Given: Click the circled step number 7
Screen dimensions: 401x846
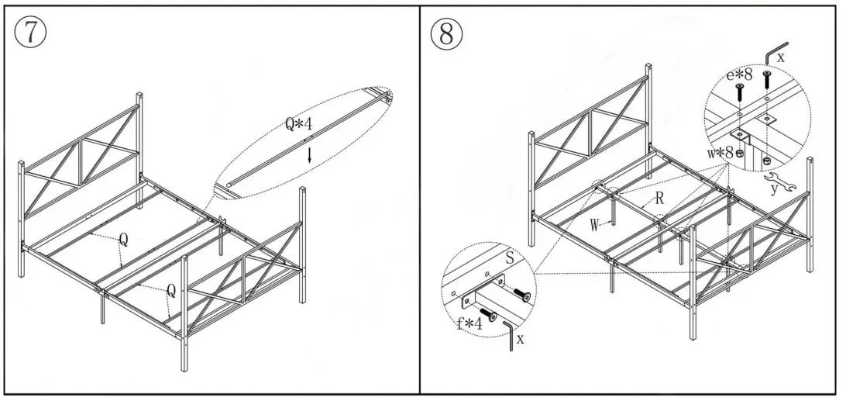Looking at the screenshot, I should [x=30, y=32].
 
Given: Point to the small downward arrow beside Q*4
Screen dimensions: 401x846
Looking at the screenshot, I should [x=310, y=154].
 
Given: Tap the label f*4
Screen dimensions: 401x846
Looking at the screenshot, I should [x=469, y=323].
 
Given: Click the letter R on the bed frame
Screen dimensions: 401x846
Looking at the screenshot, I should [x=659, y=199].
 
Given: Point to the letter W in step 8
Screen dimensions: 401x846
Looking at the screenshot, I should [x=594, y=226].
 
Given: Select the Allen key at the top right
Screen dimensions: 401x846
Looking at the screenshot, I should [x=775, y=51].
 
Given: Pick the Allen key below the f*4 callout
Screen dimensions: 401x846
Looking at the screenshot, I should [x=510, y=335].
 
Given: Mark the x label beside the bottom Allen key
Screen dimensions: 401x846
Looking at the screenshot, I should [x=521, y=338].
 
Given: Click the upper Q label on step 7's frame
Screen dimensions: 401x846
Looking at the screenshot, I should [x=122, y=241].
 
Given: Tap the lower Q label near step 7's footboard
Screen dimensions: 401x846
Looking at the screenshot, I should [x=170, y=291].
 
